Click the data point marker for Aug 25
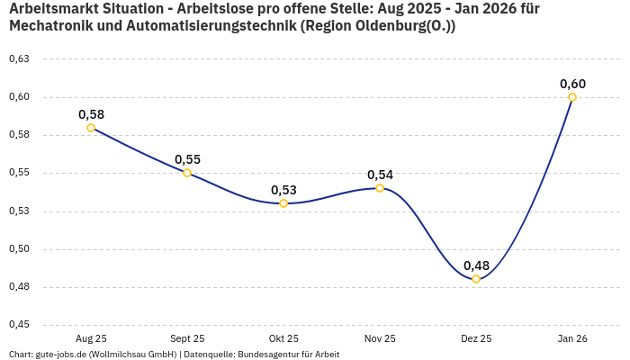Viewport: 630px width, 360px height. pos(91,128)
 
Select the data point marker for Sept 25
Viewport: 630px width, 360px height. pos(187,173)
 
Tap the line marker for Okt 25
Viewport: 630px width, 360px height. pos(283,203)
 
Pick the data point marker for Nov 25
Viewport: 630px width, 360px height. pos(380,188)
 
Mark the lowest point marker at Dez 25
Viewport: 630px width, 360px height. pos(476,279)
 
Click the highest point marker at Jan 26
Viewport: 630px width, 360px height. pos(572,97)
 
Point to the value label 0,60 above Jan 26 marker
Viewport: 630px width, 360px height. pos(572,84)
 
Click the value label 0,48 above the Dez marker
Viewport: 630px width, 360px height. pos(476,265)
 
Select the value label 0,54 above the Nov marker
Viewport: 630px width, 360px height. pos(380,175)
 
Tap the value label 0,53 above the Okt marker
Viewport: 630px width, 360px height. pos(283,190)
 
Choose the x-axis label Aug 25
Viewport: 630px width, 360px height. pos(91,338)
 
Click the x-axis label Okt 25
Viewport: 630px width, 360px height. pos(283,338)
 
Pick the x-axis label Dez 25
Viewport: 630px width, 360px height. pos(476,338)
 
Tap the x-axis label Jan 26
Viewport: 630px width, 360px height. pos(572,338)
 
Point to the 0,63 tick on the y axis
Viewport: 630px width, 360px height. pos(19,59)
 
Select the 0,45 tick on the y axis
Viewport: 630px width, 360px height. pos(19,325)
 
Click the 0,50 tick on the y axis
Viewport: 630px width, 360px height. pos(19,249)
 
